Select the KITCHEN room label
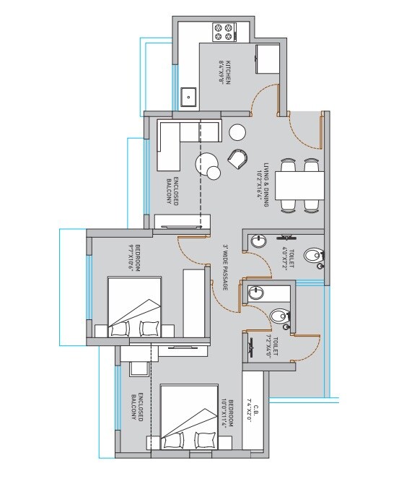click(227, 73)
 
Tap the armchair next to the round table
click(237, 157)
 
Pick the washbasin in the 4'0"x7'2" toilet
click(260, 239)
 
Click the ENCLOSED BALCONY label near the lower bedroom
click(134, 409)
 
